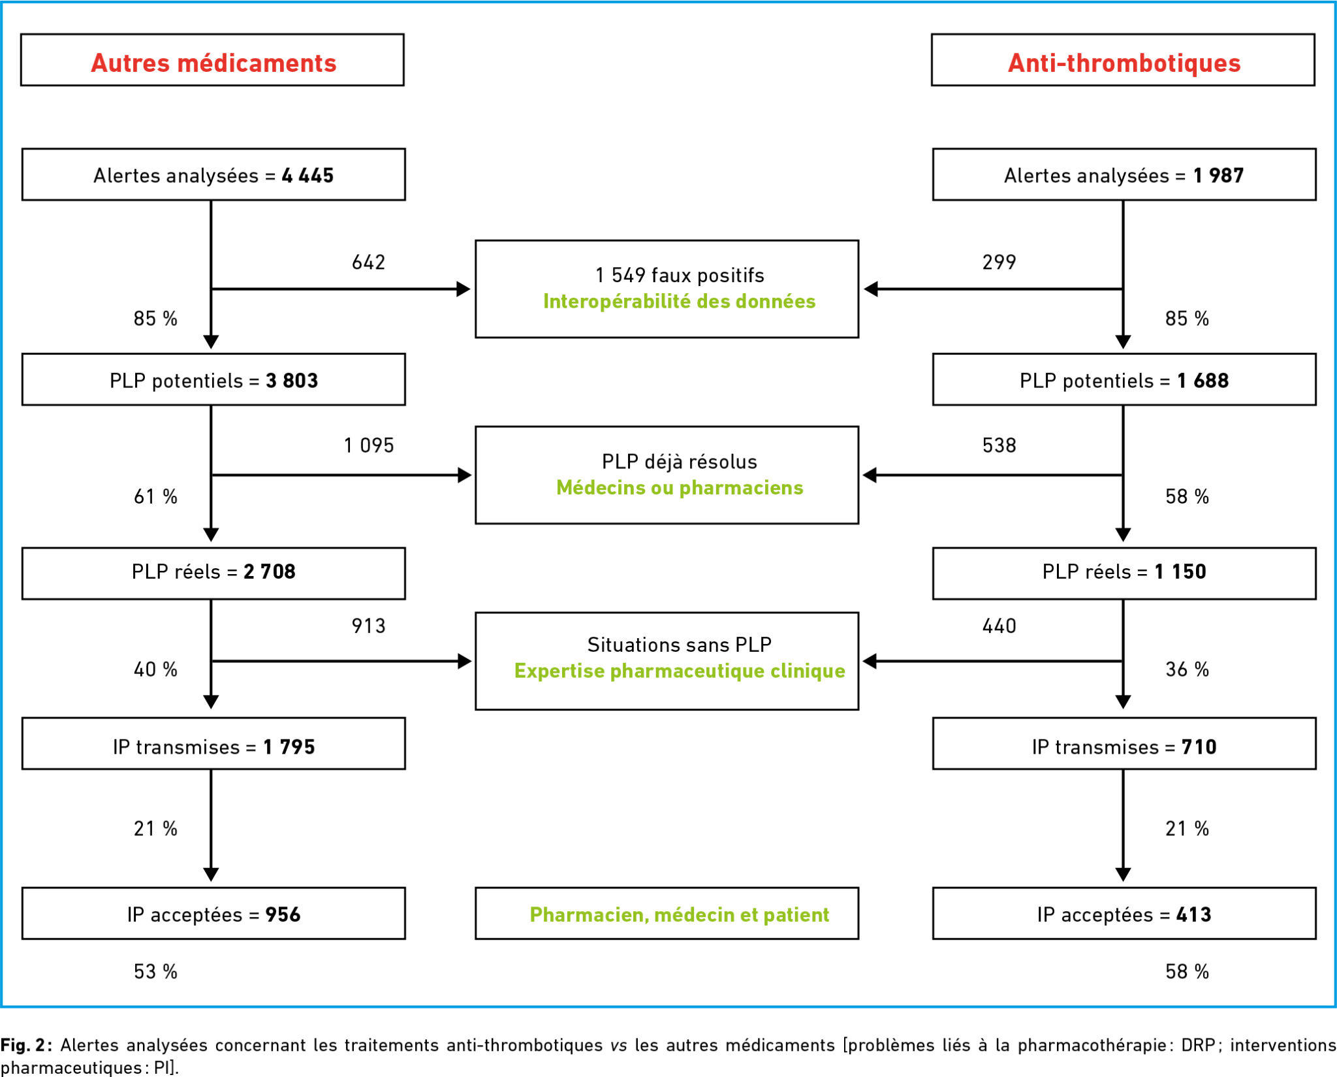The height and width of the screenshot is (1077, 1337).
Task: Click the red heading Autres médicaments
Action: (213, 63)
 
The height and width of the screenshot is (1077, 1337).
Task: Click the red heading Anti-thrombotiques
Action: (1124, 63)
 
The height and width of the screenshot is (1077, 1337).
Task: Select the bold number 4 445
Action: (307, 175)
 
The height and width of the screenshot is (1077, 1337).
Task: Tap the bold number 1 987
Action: (1218, 175)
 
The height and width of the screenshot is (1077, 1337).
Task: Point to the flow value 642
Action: (369, 262)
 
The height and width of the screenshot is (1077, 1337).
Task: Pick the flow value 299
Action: (999, 262)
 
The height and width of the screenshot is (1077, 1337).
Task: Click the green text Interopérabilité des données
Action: (680, 301)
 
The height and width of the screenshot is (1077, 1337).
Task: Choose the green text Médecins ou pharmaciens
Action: (680, 488)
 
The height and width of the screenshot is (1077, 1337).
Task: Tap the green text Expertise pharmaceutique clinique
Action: (680, 671)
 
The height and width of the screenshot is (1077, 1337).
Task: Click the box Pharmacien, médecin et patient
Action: (667, 913)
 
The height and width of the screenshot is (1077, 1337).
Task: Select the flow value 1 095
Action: (369, 445)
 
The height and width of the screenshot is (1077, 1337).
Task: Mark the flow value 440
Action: (999, 626)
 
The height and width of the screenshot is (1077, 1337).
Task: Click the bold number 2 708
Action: (270, 571)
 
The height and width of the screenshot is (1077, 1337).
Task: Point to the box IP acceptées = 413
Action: (1124, 913)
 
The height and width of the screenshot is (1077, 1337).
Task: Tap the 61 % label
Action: (155, 496)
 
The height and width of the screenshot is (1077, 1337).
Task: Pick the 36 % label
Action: (1187, 669)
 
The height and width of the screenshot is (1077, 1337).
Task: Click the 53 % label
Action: (155, 971)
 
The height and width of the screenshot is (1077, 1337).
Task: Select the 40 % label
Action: (155, 669)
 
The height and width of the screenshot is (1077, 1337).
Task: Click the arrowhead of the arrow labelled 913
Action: (464, 661)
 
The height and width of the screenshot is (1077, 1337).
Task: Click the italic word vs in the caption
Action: (619, 1045)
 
